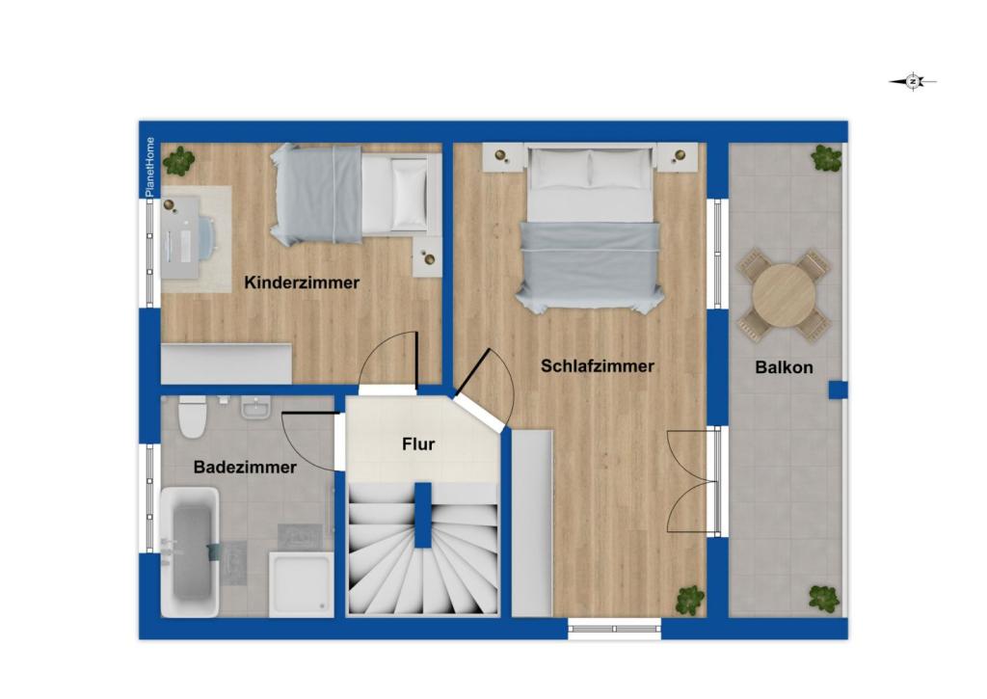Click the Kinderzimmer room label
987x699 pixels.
tap(302, 282)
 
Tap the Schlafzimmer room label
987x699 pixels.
tap(598, 366)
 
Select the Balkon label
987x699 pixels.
tap(784, 367)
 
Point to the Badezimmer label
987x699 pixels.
tap(245, 467)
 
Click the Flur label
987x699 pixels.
tap(418, 444)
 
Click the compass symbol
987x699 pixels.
tap(913, 82)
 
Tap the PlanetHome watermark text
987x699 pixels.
tap(149, 167)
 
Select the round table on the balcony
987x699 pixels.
tap(783, 294)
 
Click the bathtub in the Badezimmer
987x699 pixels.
tap(190, 551)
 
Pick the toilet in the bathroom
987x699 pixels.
tap(193, 415)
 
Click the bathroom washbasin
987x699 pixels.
tap(255, 411)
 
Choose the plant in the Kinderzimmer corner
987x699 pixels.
tap(179, 160)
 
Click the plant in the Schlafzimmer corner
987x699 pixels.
tap(689, 600)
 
